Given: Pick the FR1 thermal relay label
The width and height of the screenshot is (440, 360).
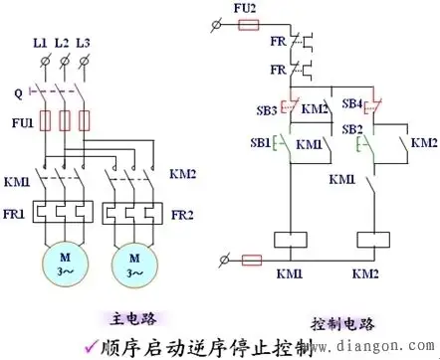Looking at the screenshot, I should [20, 213].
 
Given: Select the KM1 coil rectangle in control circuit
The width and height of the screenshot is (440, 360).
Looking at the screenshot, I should [289, 239].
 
